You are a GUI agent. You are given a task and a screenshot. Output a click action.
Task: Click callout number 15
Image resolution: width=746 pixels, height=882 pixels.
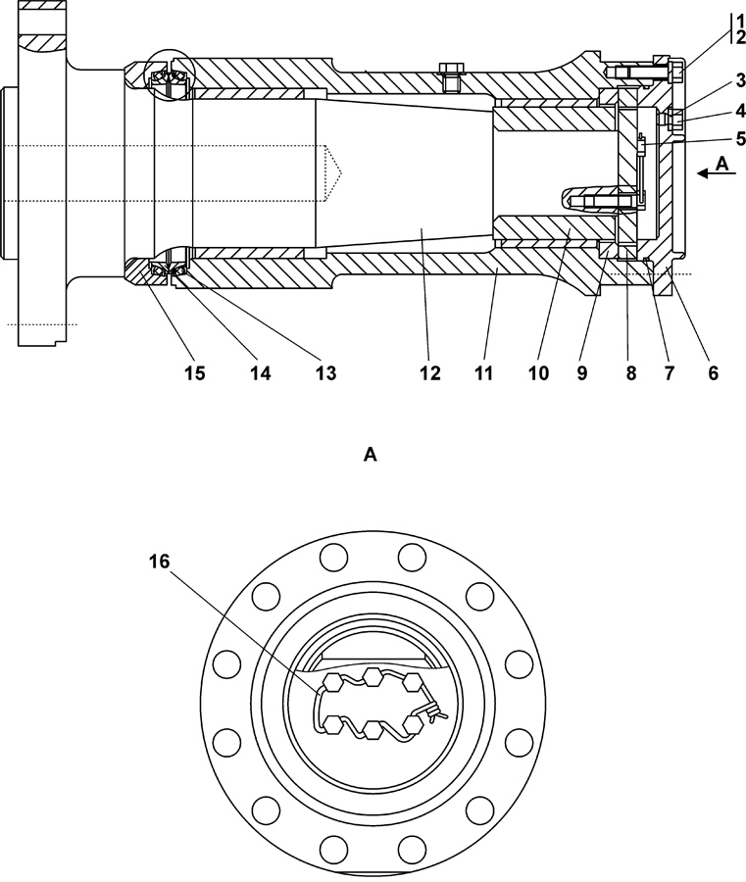tap(195, 373)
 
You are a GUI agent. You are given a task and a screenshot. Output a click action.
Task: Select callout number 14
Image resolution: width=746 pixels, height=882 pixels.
tap(260, 373)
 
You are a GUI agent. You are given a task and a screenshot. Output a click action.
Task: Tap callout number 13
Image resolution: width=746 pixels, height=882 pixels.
tap(325, 373)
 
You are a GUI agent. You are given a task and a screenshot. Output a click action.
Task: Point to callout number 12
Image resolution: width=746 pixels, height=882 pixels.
tap(429, 373)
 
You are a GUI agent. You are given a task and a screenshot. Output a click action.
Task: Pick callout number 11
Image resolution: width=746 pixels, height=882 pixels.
tap(483, 373)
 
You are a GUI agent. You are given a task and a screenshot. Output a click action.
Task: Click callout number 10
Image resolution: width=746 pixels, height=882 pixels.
tap(538, 373)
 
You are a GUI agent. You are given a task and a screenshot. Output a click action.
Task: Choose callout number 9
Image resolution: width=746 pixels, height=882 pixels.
tap(581, 373)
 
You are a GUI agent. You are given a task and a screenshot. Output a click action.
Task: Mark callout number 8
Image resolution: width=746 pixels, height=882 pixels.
tap(631, 373)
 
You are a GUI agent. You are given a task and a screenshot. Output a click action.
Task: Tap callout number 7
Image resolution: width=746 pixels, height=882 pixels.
tap(669, 373)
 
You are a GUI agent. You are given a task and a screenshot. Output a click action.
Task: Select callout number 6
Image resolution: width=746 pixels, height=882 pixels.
tap(714, 373)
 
